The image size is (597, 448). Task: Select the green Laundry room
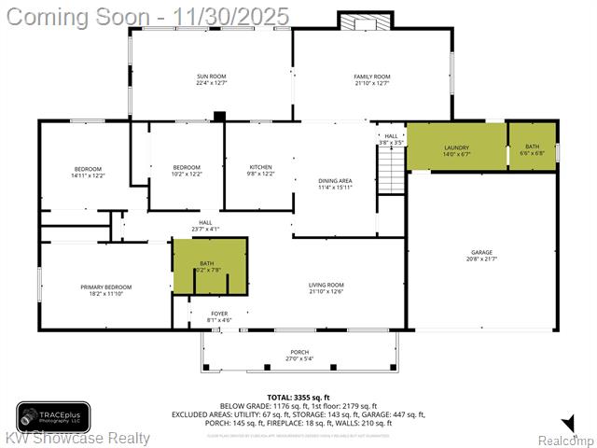point(456,147)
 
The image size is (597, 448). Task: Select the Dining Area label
point(334,184)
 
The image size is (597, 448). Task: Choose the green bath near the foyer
point(210,266)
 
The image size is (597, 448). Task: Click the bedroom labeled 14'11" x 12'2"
point(88,171)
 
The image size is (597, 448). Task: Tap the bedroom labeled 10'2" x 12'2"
point(187,171)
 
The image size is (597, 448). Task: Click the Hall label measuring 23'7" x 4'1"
point(205,225)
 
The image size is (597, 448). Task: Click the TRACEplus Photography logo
point(53,417)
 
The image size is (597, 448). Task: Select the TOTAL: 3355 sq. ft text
point(298,398)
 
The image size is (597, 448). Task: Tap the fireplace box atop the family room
point(359,21)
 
